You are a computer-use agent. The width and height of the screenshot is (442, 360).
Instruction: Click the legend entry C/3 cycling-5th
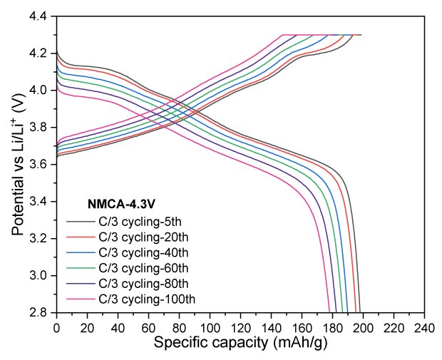coord(135,222)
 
